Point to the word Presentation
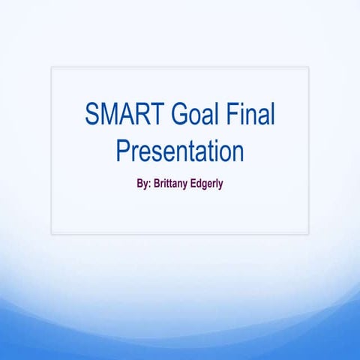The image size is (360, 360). click(180, 151)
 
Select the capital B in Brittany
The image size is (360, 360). click(156, 181)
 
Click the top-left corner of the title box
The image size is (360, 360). click(51, 67)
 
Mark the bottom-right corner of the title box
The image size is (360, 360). click(308, 234)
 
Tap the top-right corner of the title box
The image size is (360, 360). click(308, 67)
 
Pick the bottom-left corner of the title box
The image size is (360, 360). click(51, 234)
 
